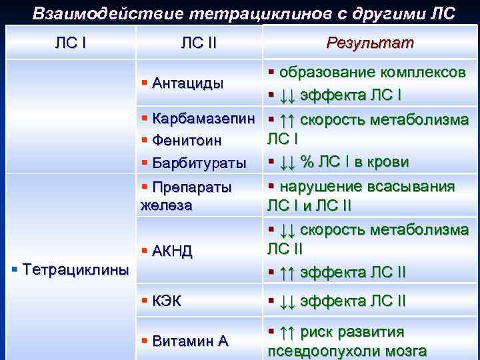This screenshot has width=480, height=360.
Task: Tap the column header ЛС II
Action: point(199,43)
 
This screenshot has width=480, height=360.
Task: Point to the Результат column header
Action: point(370,43)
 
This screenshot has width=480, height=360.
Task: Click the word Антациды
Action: point(187,83)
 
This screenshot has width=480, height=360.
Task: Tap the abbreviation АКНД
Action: point(173,251)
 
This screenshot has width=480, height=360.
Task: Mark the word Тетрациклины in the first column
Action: point(75,269)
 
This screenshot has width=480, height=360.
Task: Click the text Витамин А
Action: point(190,341)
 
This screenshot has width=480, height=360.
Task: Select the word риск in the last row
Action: point(317,331)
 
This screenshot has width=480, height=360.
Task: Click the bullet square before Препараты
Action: point(145,186)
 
